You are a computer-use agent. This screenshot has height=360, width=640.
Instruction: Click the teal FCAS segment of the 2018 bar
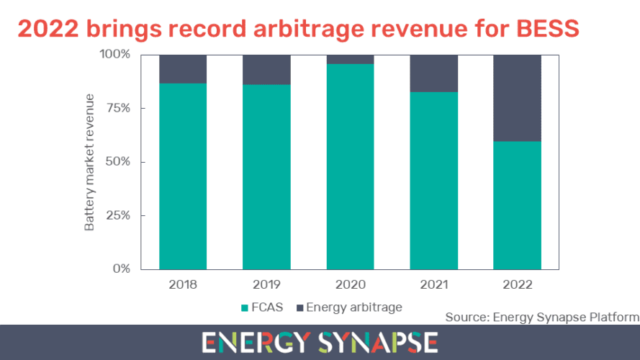183,176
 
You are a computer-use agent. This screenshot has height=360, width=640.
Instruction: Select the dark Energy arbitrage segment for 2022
517,98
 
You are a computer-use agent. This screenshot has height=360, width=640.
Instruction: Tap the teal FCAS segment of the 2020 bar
350,167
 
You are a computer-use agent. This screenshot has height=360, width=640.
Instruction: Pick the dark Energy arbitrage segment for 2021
433,73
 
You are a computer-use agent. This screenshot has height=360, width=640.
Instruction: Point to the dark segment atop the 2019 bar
266,69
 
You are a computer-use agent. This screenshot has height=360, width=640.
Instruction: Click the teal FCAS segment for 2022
517,205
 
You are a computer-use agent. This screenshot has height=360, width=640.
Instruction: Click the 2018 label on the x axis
183,284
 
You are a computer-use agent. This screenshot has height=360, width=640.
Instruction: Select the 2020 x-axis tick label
350,284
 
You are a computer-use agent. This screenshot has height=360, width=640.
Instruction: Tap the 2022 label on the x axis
517,284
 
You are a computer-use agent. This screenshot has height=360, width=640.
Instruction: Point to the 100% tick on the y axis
114,54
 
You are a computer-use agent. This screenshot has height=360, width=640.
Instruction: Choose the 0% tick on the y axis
121,269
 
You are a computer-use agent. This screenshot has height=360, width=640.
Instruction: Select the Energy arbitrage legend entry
348,307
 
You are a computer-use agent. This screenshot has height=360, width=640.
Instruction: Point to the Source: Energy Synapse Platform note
541,317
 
